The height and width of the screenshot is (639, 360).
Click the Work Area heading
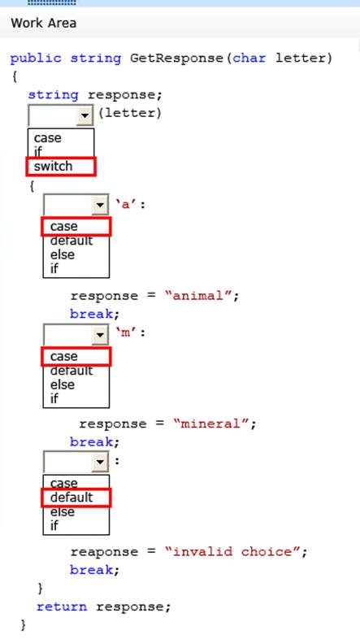[44, 23]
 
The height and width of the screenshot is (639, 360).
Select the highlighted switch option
[53, 167]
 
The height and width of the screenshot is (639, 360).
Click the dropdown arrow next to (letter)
[85, 115]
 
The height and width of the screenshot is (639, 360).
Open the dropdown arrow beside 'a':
[100, 205]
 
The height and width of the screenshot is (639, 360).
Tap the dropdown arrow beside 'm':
[100, 335]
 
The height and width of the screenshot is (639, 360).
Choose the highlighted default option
[72, 498]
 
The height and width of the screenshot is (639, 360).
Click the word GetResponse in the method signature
[176, 59]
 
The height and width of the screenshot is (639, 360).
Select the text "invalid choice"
[232, 552]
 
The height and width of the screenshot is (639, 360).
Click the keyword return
[62, 606]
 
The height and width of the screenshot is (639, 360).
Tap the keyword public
[36, 59]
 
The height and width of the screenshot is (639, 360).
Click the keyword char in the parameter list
[249, 58]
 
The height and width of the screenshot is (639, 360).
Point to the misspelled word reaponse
[104, 552]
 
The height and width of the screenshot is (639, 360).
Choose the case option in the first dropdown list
[48, 138]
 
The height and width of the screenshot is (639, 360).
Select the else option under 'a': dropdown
[63, 254]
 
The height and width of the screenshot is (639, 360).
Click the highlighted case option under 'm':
[64, 357]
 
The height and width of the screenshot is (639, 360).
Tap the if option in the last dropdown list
[54, 526]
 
